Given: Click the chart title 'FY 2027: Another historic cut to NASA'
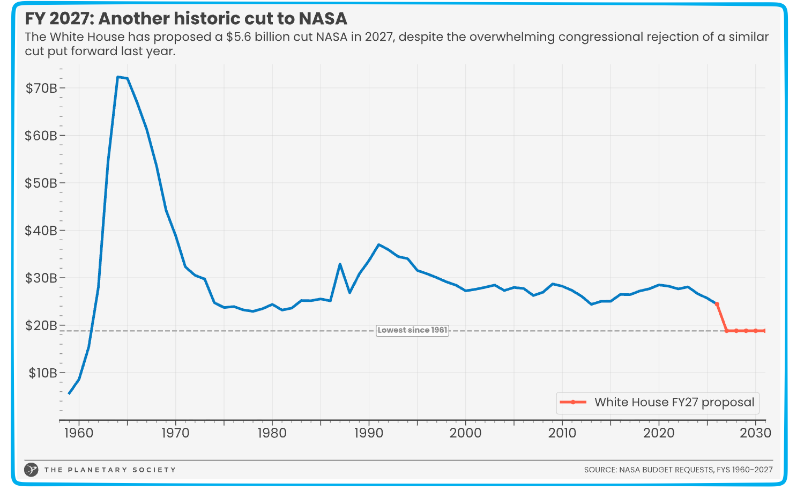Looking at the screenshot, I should click(186, 19).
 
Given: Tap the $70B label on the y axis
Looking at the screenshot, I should click(41, 88).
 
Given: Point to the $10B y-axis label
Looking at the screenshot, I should click(42, 373).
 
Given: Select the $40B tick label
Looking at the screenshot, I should click(41, 231).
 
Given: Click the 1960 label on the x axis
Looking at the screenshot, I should click(79, 433).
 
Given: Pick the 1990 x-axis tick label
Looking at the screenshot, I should click(369, 433).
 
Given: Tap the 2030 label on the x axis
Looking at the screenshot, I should click(756, 433).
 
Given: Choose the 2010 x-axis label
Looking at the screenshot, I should click(562, 433).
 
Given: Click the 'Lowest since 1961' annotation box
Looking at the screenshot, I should click(412, 330).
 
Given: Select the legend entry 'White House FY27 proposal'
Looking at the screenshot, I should click(674, 403).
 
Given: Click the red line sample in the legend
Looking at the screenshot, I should click(573, 403).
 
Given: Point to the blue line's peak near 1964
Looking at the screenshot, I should click(118, 77).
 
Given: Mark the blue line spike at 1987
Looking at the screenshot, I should click(340, 264).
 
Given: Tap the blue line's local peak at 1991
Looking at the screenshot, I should click(378, 244).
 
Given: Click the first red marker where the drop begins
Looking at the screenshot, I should click(717, 304).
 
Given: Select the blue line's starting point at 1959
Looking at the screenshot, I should click(69, 394).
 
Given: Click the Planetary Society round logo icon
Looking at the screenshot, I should click(32, 470).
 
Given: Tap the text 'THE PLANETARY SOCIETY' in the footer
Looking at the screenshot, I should click(110, 470).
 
